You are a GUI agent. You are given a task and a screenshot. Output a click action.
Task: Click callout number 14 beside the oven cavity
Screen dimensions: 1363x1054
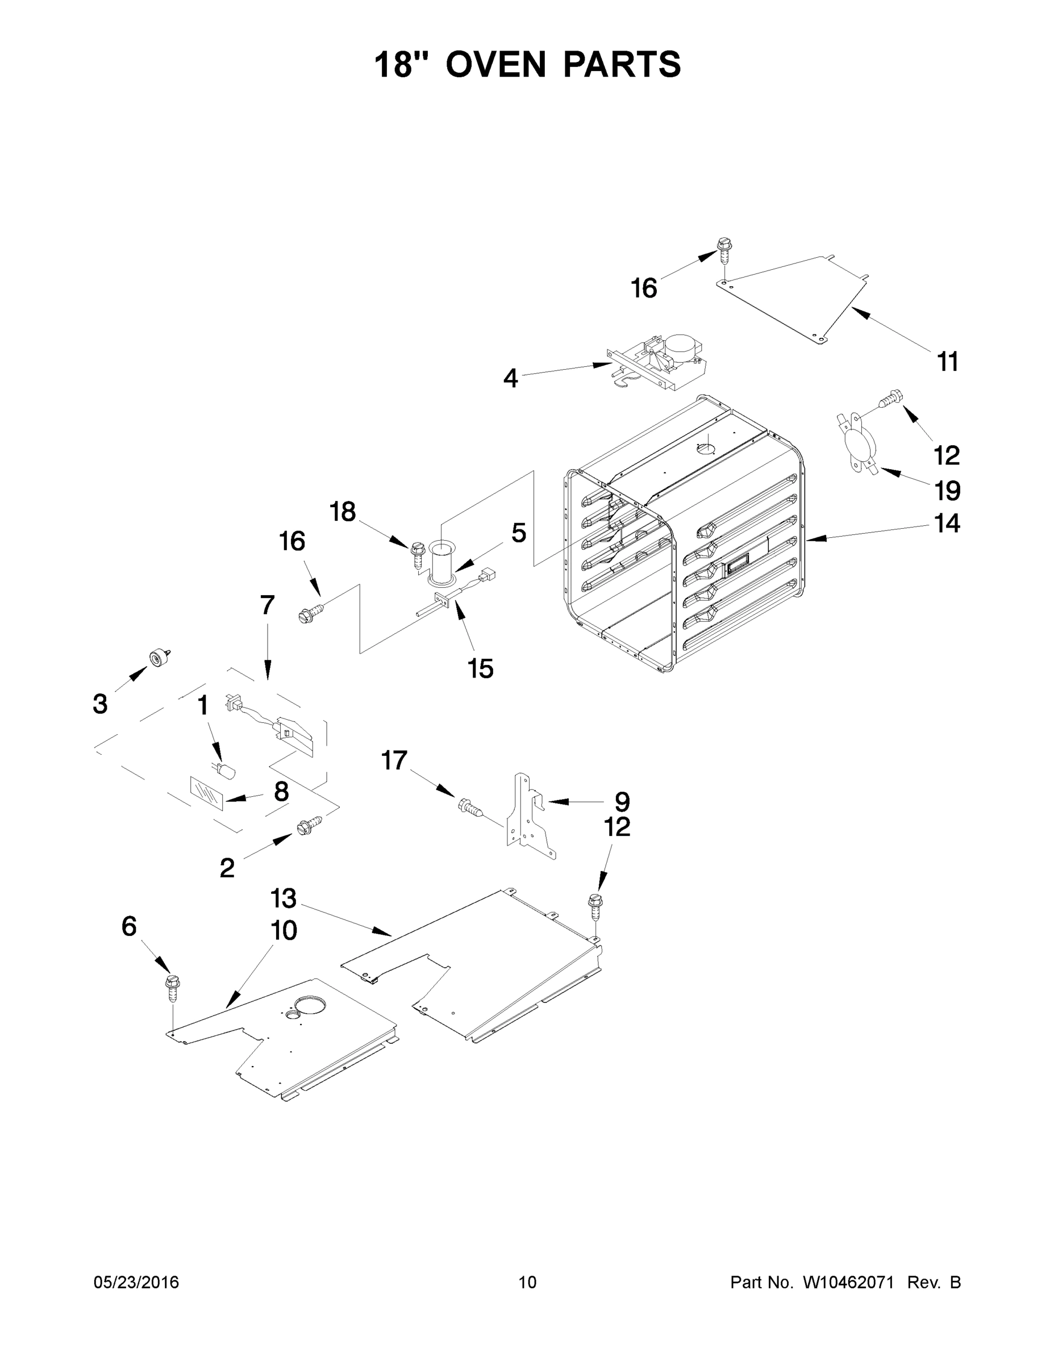point(947,523)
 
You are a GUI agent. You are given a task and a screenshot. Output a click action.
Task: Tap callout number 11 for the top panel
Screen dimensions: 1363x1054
point(948,361)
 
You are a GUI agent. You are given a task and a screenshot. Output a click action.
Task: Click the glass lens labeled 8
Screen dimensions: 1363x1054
point(206,793)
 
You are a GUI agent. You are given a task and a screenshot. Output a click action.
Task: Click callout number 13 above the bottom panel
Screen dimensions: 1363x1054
point(283,898)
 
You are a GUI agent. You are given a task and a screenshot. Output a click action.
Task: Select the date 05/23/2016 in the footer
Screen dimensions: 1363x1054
point(136,1282)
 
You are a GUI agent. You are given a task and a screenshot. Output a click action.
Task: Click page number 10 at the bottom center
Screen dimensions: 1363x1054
point(527,1282)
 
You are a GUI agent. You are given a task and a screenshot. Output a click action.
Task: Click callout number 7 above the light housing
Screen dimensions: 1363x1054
point(267,605)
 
